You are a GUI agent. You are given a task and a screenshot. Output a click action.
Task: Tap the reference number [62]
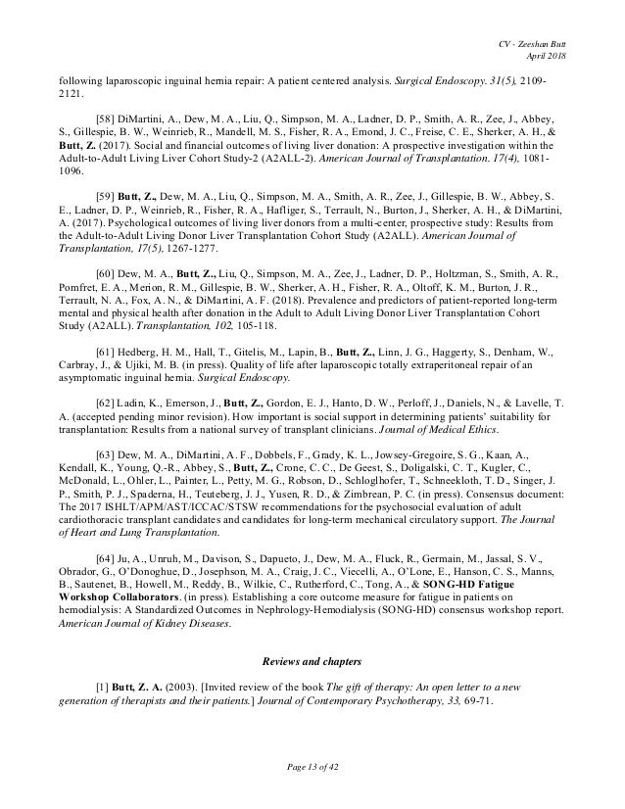106,430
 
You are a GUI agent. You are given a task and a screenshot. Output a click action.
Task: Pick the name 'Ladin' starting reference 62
138,430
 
